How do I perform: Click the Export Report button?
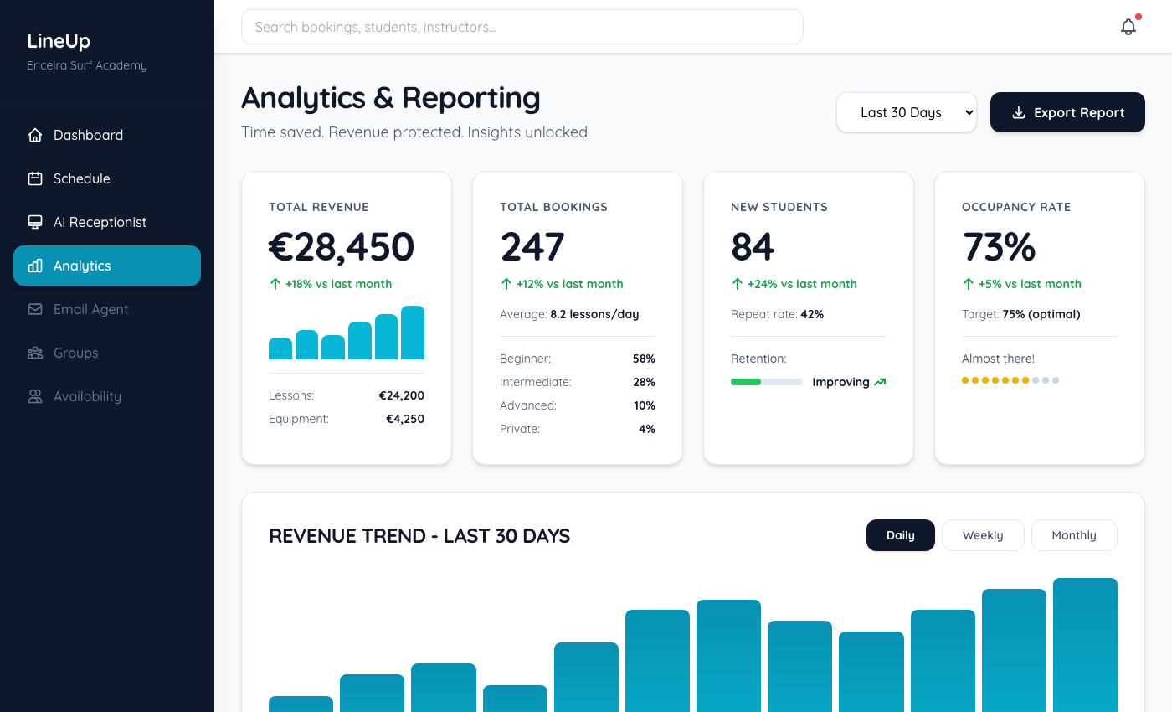pyautogui.click(x=1067, y=112)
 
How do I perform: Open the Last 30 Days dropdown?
pyautogui.click(x=906, y=112)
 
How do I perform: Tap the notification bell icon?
pyautogui.click(x=1128, y=27)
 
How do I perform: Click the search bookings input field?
pyautogui.click(x=522, y=27)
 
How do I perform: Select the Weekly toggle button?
pyautogui.click(x=983, y=535)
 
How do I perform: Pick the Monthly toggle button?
pyautogui.click(x=1074, y=535)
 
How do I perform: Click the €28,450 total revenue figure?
pyautogui.click(x=342, y=247)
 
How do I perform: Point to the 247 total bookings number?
pyautogui.click(x=532, y=247)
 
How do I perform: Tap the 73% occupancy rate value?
pyautogui.click(x=999, y=247)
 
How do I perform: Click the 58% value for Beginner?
pyautogui.click(x=644, y=359)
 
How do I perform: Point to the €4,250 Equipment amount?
pyautogui.click(x=405, y=419)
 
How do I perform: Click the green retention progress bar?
pyautogui.click(x=746, y=382)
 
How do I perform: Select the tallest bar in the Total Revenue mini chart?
pyautogui.click(x=413, y=333)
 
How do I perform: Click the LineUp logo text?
pyautogui.click(x=59, y=41)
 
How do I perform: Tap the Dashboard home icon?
pyautogui.click(x=35, y=135)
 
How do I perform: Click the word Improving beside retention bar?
pyautogui.click(x=840, y=382)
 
